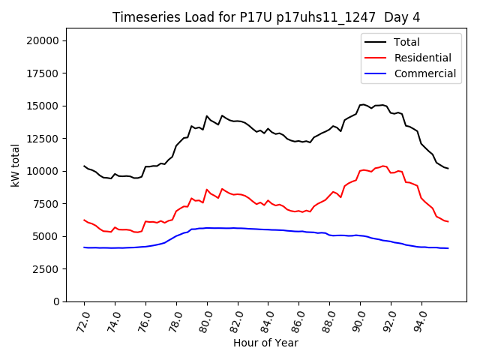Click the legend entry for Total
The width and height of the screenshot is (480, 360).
click(406, 42)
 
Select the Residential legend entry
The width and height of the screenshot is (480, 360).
click(422, 58)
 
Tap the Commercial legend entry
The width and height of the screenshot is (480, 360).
click(424, 73)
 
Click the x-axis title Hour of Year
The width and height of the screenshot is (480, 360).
click(265, 343)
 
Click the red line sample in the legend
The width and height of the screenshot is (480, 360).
click(377, 58)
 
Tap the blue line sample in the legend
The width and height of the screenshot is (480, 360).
click(377, 73)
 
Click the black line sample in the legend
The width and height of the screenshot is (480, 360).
click(377, 42)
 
